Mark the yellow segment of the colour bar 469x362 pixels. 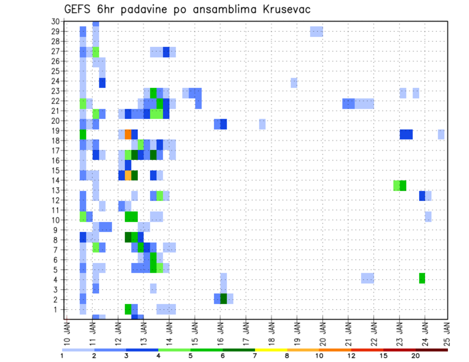[x=271, y=350]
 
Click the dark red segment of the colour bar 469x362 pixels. [x=431, y=350]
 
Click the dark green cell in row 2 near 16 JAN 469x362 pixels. [x=223, y=299]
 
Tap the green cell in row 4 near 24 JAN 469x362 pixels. [x=422, y=278]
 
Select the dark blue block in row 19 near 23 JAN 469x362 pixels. [x=406, y=134]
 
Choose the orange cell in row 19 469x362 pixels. [x=128, y=134]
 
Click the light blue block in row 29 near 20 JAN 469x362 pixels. [x=317, y=32]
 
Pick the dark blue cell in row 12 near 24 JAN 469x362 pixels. [x=422, y=196]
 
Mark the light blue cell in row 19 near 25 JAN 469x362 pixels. [x=441, y=134]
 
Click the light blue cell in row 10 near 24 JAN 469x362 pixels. [x=428, y=216]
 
